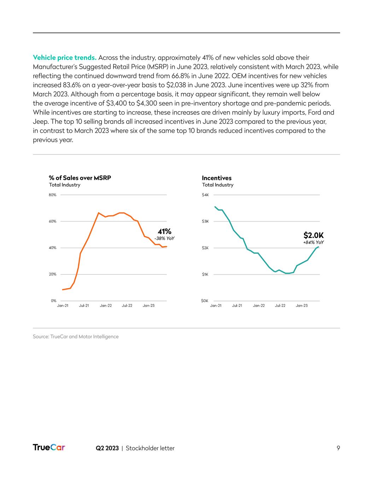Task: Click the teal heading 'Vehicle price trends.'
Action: pos(64,58)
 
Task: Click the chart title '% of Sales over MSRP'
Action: pos(80,178)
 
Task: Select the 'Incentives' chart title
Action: pos(216,178)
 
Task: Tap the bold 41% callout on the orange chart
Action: pos(164,231)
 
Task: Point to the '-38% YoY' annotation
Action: pos(164,239)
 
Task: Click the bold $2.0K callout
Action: pos(313,235)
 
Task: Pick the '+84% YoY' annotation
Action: pos(313,243)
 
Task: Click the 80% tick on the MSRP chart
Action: pos(52,195)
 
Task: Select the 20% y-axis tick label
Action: pos(52,274)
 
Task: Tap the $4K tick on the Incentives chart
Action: pos(205,195)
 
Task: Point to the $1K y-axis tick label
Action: pos(205,274)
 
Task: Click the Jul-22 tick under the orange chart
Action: pos(127,306)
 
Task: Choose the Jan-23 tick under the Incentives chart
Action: pos(302,306)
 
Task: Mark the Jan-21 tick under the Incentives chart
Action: pos(216,306)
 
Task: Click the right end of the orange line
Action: pos(167,246)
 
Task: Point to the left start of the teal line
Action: pos(215,207)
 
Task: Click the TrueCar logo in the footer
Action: pos(49,448)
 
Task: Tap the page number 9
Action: pos(338,448)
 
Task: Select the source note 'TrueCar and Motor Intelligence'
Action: pos(87,337)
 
